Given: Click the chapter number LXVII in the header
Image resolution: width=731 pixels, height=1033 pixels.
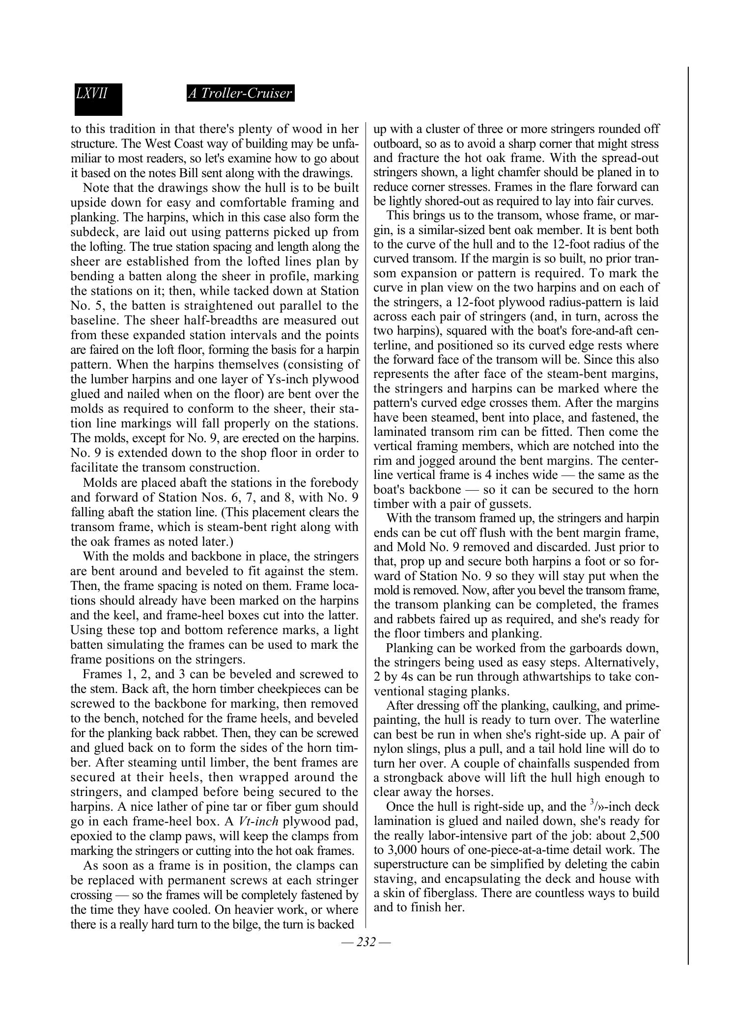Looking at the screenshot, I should [92, 93].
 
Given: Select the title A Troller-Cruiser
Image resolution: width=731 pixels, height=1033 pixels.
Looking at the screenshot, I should [240, 93].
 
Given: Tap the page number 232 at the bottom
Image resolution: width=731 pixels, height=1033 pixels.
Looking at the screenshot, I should [366, 942].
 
